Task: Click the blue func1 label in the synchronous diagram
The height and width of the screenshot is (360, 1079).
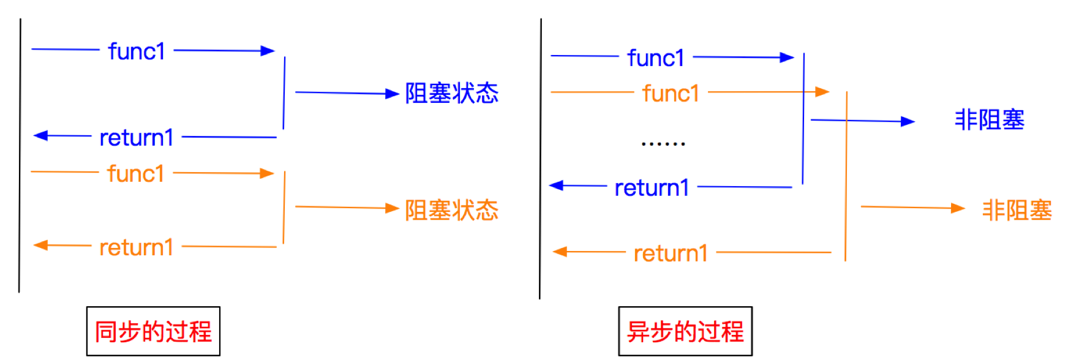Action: pos(137,51)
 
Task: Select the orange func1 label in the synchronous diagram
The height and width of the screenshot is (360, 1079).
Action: pos(135,174)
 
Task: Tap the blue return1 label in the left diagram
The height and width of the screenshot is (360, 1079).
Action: pos(137,138)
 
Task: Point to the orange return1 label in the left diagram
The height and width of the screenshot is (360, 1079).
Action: pos(137,247)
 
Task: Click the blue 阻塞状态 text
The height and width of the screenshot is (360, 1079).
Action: pos(452,94)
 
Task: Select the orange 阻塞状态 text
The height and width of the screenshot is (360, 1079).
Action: pos(452,210)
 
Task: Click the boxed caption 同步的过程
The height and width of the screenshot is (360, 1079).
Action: pos(153,332)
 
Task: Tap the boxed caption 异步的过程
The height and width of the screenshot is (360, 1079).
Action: pos(685,332)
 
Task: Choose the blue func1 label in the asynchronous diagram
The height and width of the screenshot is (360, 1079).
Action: pos(656,58)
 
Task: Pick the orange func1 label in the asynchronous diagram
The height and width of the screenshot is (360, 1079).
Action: pos(671,94)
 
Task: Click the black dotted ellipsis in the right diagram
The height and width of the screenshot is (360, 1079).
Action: pos(663,144)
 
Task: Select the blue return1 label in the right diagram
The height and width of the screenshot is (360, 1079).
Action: pos(652,188)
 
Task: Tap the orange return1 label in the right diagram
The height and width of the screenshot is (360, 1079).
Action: pos(671,253)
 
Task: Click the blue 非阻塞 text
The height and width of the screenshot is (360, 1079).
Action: pos(989,120)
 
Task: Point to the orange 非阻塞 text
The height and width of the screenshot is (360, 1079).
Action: pos(1017,210)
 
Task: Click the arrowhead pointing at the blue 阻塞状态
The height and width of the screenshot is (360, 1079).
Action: pos(393,94)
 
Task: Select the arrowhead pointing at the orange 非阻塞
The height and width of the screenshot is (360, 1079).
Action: pos(958,208)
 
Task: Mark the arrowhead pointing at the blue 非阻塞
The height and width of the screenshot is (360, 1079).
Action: pos(908,121)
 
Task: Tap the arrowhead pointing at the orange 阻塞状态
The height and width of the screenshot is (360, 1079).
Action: pos(393,208)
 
